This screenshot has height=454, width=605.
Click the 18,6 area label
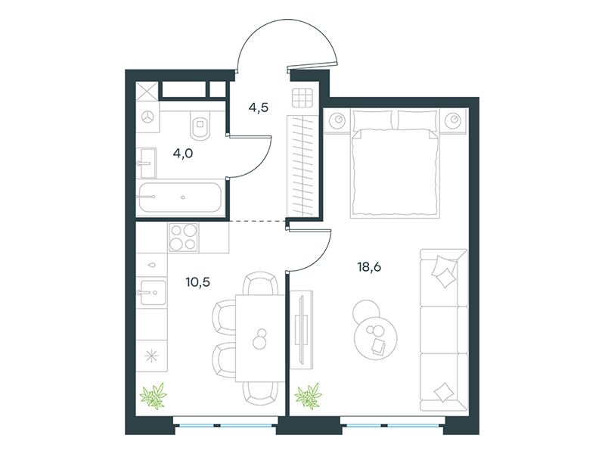(x=369, y=267)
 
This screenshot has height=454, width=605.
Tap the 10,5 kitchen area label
(x=198, y=282)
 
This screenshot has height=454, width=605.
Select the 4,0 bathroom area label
(x=183, y=154)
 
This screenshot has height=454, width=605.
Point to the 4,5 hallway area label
(x=259, y=107)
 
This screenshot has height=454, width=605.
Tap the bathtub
(x=181, y=197)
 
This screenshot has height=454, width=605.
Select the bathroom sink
(x=146, y=163)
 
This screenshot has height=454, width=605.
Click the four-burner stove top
(x=183, y=238)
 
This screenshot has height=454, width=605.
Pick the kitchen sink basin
(x=153, y=292)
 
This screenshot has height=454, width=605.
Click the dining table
(x=260, y=338)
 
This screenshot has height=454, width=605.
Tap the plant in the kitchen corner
(x=154, y=396)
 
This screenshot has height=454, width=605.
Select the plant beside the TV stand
(x=308, y=396)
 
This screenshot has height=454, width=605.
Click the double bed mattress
(x=395, y=173)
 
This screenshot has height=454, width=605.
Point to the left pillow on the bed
(x=373, y=120)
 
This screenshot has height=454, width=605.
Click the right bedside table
(x=453, y=121)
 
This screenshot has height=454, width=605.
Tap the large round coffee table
(x=375, y=338)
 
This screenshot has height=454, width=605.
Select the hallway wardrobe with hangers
(x=302, y=166)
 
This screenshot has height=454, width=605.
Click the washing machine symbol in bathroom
(x=147, y=117)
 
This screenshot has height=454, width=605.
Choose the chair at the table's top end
(x=260, y=284)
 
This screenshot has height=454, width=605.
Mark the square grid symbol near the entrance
(x=302, y=98)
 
